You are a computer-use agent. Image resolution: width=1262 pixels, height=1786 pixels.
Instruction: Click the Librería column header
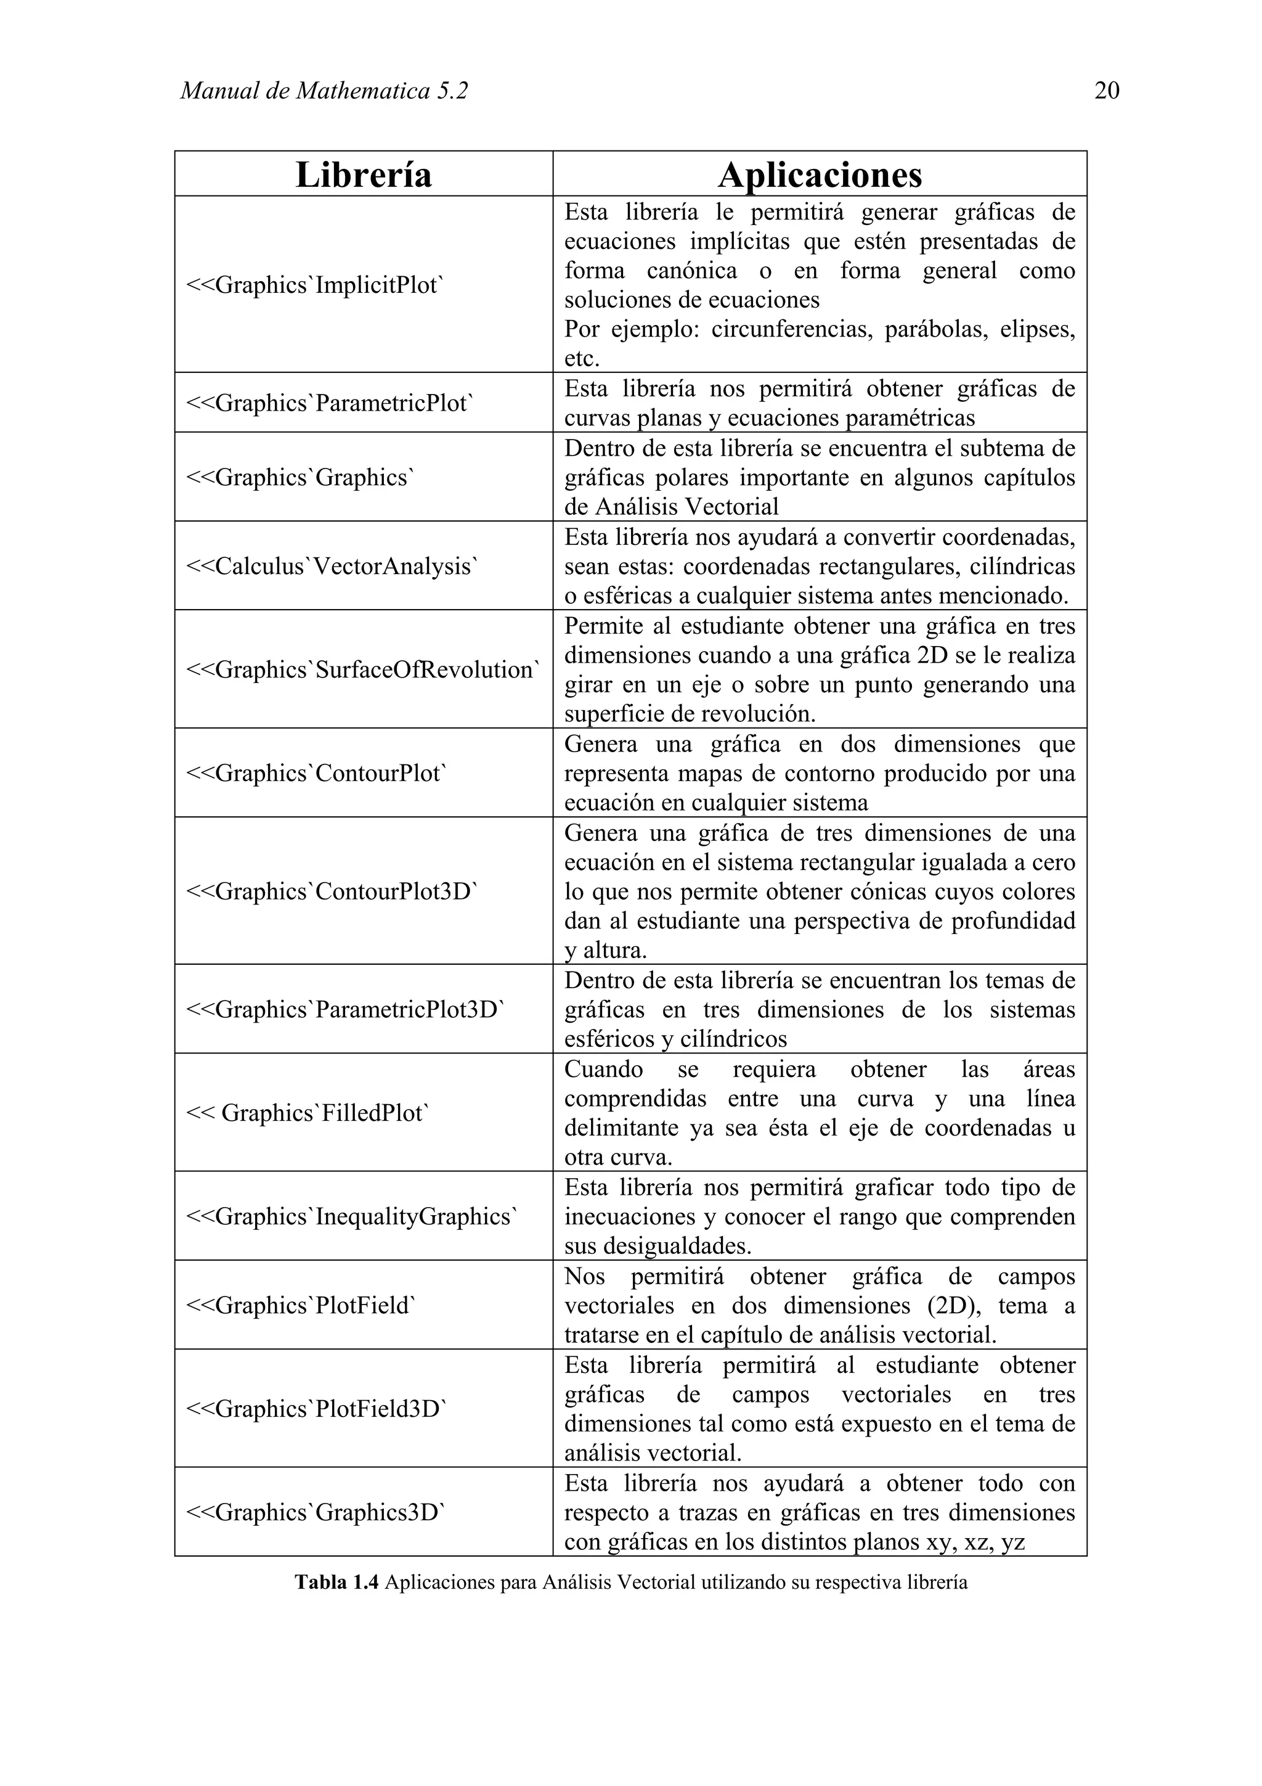pos(363,174)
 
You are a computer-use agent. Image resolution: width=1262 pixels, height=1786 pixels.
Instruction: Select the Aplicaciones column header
pos(820,174)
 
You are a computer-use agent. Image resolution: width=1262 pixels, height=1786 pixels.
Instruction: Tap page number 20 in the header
pos(1107,91)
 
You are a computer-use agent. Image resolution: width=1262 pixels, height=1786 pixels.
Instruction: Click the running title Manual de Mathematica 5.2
pos(324,91)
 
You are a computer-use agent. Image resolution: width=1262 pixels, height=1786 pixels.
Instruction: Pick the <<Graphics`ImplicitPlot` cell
pos(314,285)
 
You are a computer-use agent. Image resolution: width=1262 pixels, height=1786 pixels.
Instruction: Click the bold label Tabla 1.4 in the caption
pos(336,1582)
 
